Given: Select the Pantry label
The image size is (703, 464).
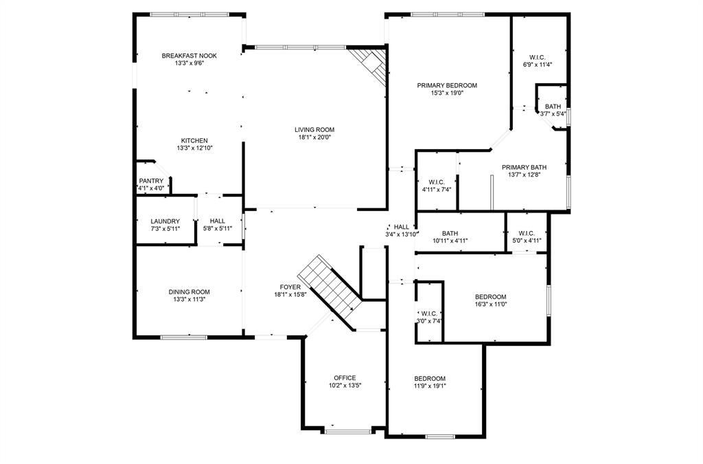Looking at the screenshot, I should click(x=151, y=181).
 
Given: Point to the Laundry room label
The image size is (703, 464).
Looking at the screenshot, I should click(x=165, y=221).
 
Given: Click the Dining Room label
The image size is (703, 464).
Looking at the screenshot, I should click(x=189, y=291).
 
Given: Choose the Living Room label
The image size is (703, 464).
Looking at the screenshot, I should click(x=314, y=129).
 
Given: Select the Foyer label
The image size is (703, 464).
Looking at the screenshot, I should click(x=289, y=287).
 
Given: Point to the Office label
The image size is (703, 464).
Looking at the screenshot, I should click(x=345, y=377).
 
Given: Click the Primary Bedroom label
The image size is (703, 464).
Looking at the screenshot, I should click(x=447, y=85).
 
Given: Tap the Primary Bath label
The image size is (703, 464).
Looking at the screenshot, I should click(x=524, y=167).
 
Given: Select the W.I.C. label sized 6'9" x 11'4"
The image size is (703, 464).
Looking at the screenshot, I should click(x=538, y=57).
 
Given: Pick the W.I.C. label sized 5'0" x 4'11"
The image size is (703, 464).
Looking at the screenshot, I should click(x=527, y=233).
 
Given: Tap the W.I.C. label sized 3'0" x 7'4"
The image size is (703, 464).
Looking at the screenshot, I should click(x=429, y=313).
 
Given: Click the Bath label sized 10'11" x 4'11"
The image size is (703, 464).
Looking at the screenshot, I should click(x=450, y=233).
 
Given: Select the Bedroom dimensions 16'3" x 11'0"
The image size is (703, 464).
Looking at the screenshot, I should click(x=491, y=305).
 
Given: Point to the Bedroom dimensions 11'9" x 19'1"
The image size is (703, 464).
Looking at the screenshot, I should click(x=430, y=386).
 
